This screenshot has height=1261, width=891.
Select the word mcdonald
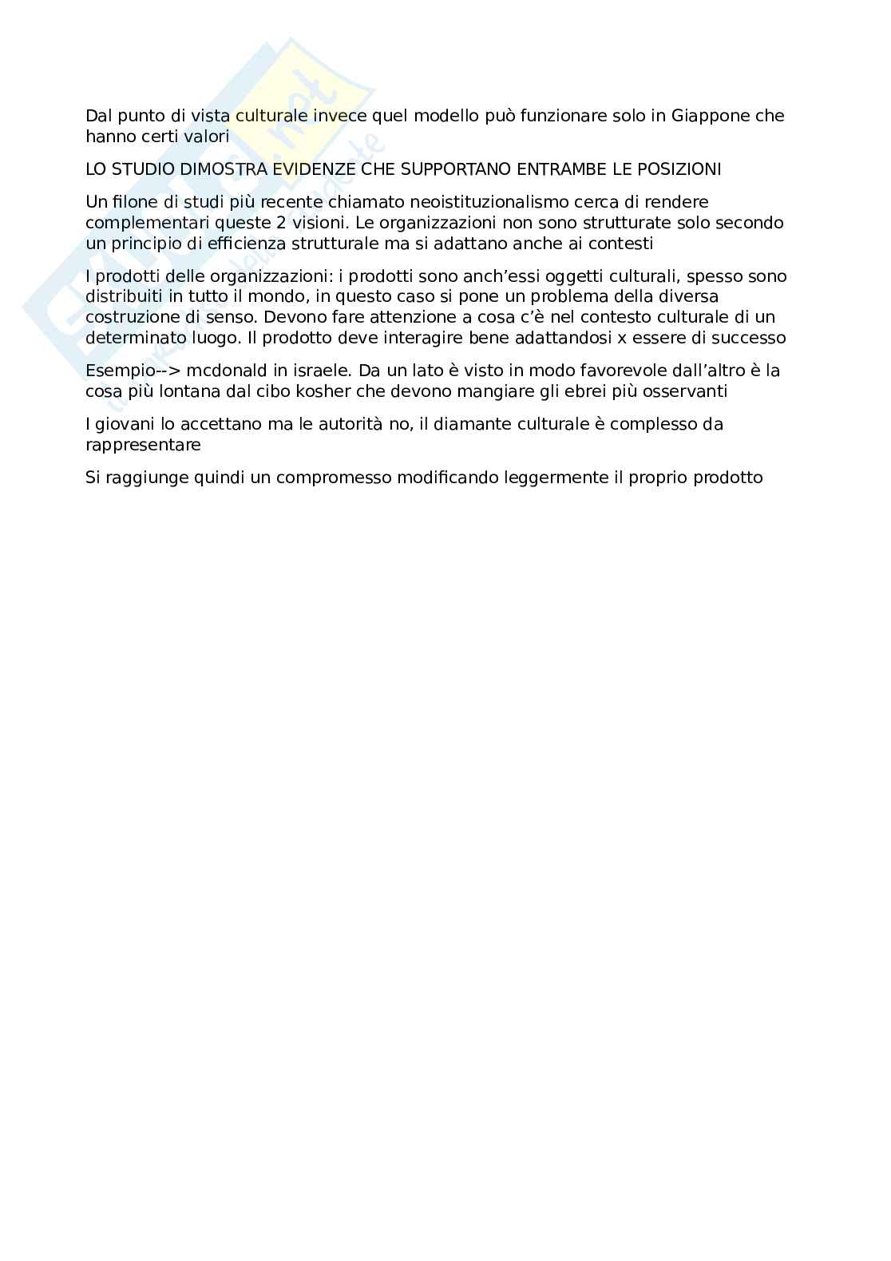210,371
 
